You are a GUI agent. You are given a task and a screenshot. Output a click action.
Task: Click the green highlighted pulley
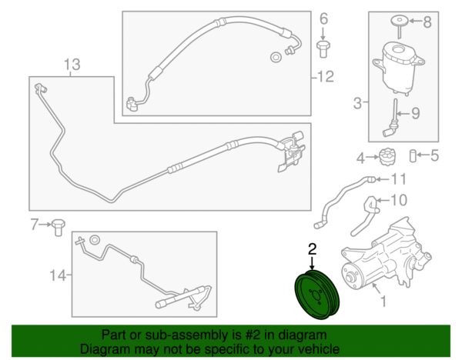[x=317, y=295]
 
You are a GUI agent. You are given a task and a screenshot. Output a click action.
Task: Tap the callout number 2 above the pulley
[x=312, y=248]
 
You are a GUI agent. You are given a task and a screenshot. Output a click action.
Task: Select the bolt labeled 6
[x=323, y=49]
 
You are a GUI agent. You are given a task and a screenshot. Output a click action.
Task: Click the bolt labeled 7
[x=59, y=227]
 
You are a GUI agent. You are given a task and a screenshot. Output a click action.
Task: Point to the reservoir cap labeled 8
[x=399, y=26]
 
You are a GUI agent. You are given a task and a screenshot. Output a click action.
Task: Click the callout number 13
[x=72, y=64]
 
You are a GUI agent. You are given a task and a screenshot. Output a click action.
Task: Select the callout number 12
[x=326, y=76]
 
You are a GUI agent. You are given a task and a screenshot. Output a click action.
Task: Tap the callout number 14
[x=58, y=275]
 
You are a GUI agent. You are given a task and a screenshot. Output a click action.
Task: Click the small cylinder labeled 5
[x=413, y=155]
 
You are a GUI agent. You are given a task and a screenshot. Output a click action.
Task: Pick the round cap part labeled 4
[x=387, y=157]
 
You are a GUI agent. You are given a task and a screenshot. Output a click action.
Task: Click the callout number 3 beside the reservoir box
[x=357, y=103]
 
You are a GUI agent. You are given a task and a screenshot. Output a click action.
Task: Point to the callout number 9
[x=415, y=113]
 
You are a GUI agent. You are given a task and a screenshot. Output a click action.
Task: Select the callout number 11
[x=398, y=179]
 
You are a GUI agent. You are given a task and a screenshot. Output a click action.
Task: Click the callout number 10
[x=399, y=200]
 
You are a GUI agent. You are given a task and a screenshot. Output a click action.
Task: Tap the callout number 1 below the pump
[x=383, y=302]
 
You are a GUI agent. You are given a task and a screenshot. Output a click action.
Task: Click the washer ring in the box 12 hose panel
[x=276, y=57]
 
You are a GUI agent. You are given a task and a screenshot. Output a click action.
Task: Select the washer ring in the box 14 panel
[x=95, y=240]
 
